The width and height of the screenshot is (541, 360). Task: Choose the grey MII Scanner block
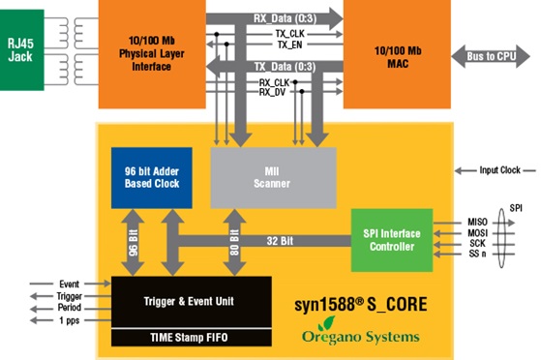pos(273,178)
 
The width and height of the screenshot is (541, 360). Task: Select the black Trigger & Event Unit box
pos(190,301)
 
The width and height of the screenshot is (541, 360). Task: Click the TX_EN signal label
pos(288,44)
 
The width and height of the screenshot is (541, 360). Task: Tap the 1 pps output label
pos(69,319)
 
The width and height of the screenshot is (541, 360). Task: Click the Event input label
pos(69,283)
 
